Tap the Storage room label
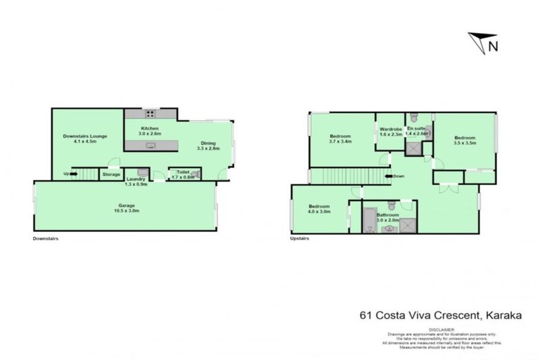click(111, 174)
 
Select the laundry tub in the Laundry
click(141, 172)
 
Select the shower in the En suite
click(416, 149)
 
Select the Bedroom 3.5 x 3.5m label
click(465, 140)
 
